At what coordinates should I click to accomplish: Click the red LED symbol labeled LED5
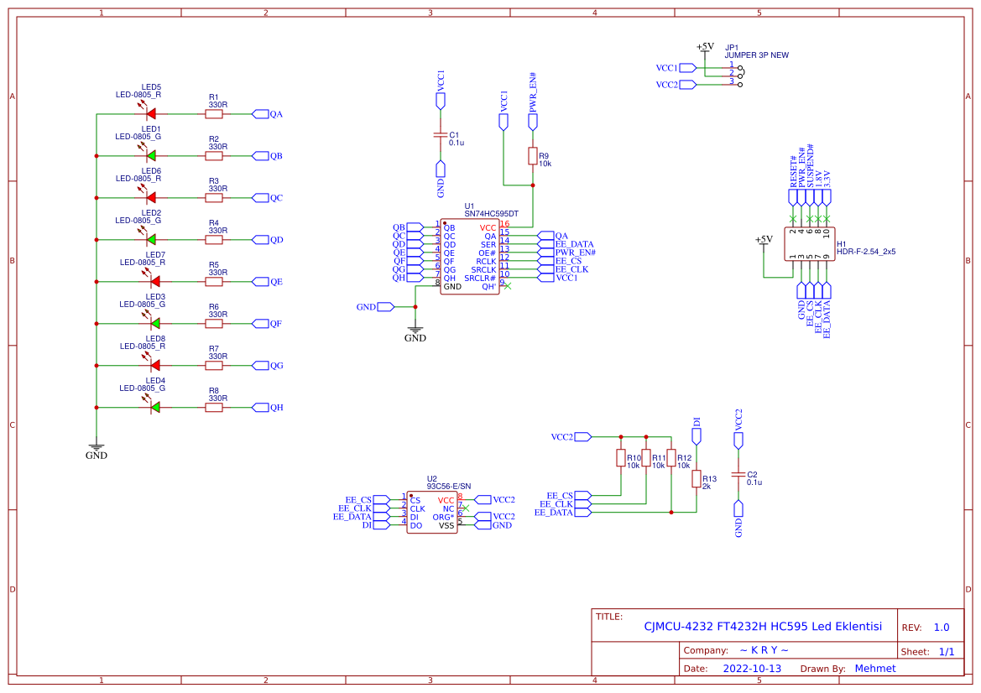tap(152, 113)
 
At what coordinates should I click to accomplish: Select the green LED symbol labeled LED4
tap(154, 407)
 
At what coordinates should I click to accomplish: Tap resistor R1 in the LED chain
tap(215, 113)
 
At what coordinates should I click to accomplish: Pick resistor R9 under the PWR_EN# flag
tap(532, 156)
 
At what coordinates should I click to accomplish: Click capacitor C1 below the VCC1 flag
tap(440, 135)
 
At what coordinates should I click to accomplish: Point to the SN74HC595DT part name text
tap(491, 214)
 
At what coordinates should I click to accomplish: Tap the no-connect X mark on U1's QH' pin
tap(508, 286)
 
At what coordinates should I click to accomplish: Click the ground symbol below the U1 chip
tap(415, 329)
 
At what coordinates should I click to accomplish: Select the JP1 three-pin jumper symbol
tap(736, 74)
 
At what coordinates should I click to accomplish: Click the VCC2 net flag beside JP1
tap(687, 84)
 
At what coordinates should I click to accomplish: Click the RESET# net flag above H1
tap(793, 197)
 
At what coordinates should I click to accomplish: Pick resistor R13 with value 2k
tap(696, 478)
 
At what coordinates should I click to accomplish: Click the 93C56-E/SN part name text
tap(449, 486)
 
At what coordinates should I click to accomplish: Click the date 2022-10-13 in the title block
tap(752, 669)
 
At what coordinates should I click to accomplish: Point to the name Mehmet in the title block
tap(874, 669)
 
